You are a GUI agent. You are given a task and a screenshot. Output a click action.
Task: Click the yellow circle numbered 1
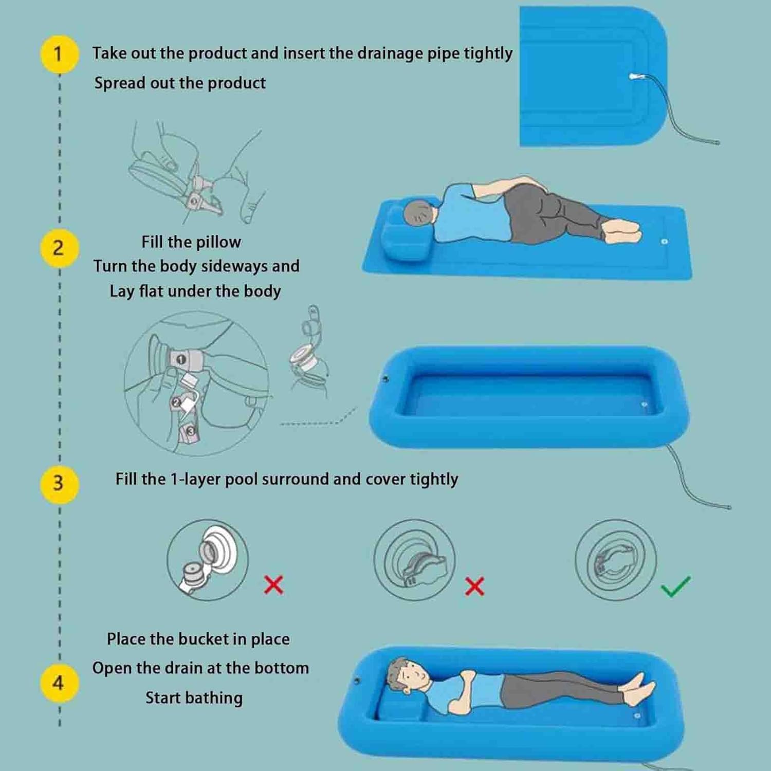tap(59, 53)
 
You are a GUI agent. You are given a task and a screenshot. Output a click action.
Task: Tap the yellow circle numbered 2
tap(59, 248)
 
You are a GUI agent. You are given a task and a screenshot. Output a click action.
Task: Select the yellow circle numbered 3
tap(59, 483)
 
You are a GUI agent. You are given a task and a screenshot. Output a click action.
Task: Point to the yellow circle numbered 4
tap(59, 683)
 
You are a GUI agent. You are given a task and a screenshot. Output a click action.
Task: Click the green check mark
tap(675, 586)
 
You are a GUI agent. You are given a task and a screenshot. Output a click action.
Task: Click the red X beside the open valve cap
tap(273, 585)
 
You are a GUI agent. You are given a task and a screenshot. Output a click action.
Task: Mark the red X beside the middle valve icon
tap(474, 586)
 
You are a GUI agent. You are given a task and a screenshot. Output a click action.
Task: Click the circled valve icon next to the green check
tap(615, 560)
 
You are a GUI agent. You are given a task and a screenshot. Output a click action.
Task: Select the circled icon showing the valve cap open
tap(208, 560)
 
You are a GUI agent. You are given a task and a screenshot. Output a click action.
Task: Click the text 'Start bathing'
tap(194, 697)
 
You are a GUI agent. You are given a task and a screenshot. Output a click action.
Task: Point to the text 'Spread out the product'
tap(180, 83)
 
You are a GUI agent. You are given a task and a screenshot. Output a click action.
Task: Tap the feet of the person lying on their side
tap(623, 231)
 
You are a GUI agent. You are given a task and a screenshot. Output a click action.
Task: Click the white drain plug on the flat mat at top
tap(634, 77)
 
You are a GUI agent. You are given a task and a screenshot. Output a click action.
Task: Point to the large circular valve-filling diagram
tap(196, 383)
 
